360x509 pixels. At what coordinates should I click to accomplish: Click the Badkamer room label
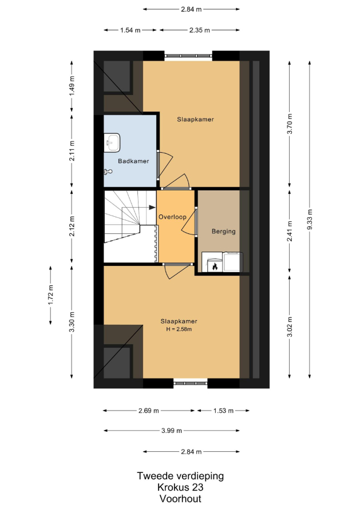(133, 161)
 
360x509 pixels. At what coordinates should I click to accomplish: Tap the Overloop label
(172, 217)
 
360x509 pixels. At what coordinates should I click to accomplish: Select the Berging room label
(224, 232)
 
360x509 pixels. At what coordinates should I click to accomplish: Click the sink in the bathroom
(112, 142)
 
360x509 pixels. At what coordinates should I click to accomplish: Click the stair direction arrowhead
(152, 207)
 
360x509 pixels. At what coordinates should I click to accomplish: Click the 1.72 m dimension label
(51, 295)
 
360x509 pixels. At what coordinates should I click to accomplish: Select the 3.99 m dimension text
(172, 431)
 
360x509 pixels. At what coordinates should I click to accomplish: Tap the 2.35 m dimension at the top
(200, 30)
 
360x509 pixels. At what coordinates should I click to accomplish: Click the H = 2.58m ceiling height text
(179, 329)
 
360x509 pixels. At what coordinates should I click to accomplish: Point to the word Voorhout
(180, 498)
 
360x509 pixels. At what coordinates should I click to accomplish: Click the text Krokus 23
(180, 487)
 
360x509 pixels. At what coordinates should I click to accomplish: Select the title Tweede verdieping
(180, 476)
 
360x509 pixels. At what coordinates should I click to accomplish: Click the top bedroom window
(188, 56)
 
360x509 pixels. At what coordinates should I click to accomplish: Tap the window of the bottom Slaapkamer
(191, 383)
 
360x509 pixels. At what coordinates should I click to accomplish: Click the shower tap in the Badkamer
(108, 172)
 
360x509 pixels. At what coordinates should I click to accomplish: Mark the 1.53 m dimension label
(223, 411)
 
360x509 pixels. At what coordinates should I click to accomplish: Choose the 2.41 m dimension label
(290, 231)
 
